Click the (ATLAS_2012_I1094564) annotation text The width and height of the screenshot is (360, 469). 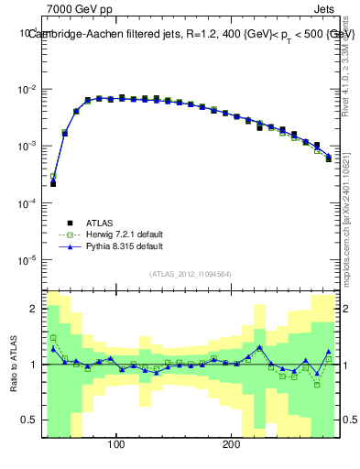191,274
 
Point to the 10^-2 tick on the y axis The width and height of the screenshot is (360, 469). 30,90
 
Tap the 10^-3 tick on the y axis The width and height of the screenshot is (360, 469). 30,147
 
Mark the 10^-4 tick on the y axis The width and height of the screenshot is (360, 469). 30,203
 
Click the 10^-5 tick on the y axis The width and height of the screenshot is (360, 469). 30,260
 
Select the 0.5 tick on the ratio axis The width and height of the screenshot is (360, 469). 29,421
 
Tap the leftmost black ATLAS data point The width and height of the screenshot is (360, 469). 53,183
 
